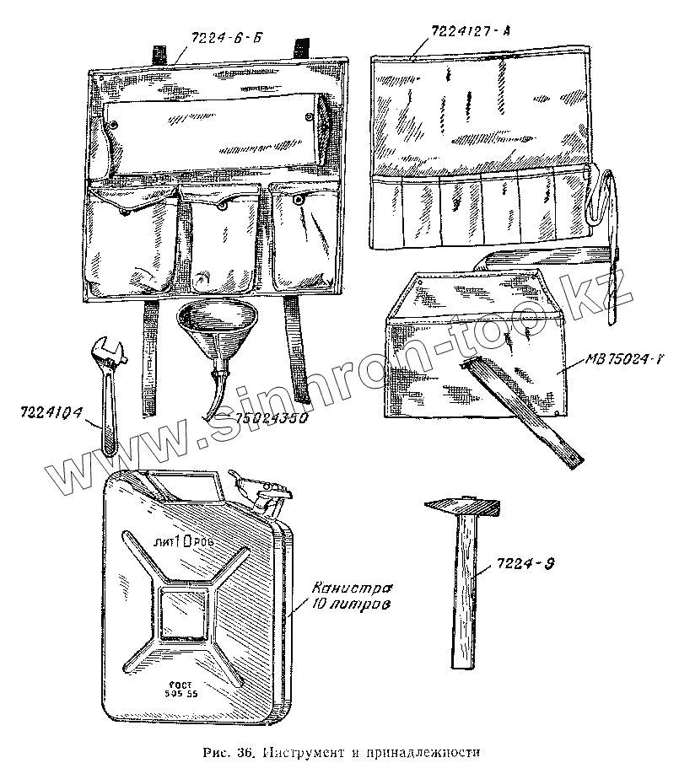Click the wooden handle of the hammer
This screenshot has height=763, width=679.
[462, 590]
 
